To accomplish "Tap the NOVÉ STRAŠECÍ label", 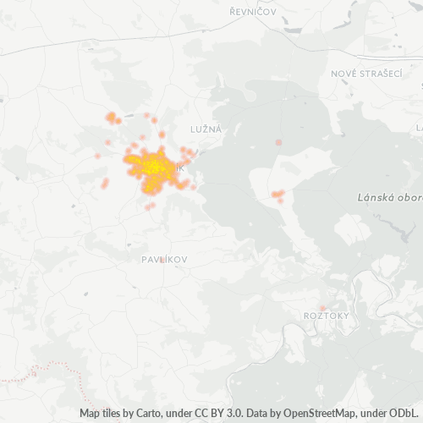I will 366,74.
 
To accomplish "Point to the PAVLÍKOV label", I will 164,259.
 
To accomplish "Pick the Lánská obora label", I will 386,197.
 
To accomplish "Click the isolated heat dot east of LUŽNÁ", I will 278,142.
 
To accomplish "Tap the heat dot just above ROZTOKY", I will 322,308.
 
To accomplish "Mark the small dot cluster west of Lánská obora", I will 277,195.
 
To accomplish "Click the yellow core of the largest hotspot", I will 155,167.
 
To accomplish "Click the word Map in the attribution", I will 91,414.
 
